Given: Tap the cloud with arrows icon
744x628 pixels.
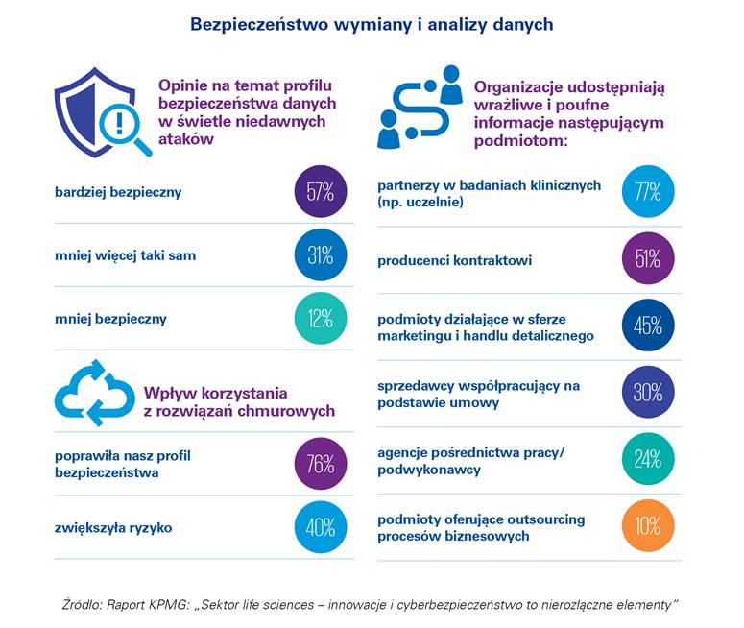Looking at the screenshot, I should (94, 393).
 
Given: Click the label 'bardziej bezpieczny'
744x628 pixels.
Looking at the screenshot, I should (118, 192).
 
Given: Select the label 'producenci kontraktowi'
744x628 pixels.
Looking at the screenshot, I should (454, 260).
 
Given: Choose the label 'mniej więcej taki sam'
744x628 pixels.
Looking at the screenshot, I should (125, 255).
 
